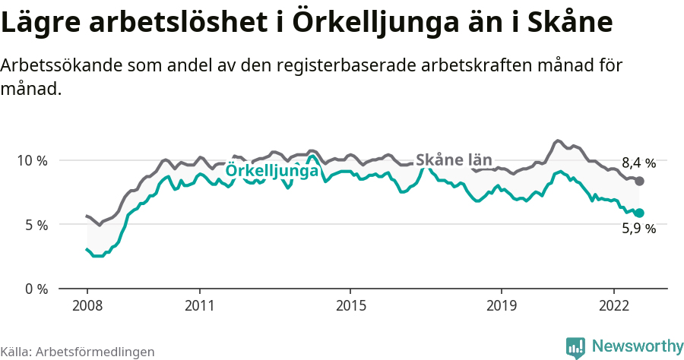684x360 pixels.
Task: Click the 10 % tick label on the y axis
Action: pyautogui.click(x=31, y=161)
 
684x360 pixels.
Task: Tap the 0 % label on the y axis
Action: pyautogui.click(x=34, y=289)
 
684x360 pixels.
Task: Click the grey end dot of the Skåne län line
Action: pyautogui.click(x=640, y=181)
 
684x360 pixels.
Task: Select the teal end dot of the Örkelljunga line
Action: pyautogui.click(x=640, y=213)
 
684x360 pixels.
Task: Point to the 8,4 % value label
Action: pyautogui.click(x=638, y=163)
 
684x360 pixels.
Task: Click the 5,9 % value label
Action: pyautogui.click(x=638, y=229)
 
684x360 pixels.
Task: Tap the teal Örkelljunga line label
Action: pyautogui.click(x=271, y=172)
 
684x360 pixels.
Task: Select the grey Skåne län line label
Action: pyautogui.click(x=454, y=160)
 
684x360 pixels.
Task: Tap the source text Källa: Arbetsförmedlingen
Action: pyautogui.click(x=78, y=352)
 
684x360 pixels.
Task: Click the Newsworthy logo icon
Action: pyautogui.click(x=575, y=347)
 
